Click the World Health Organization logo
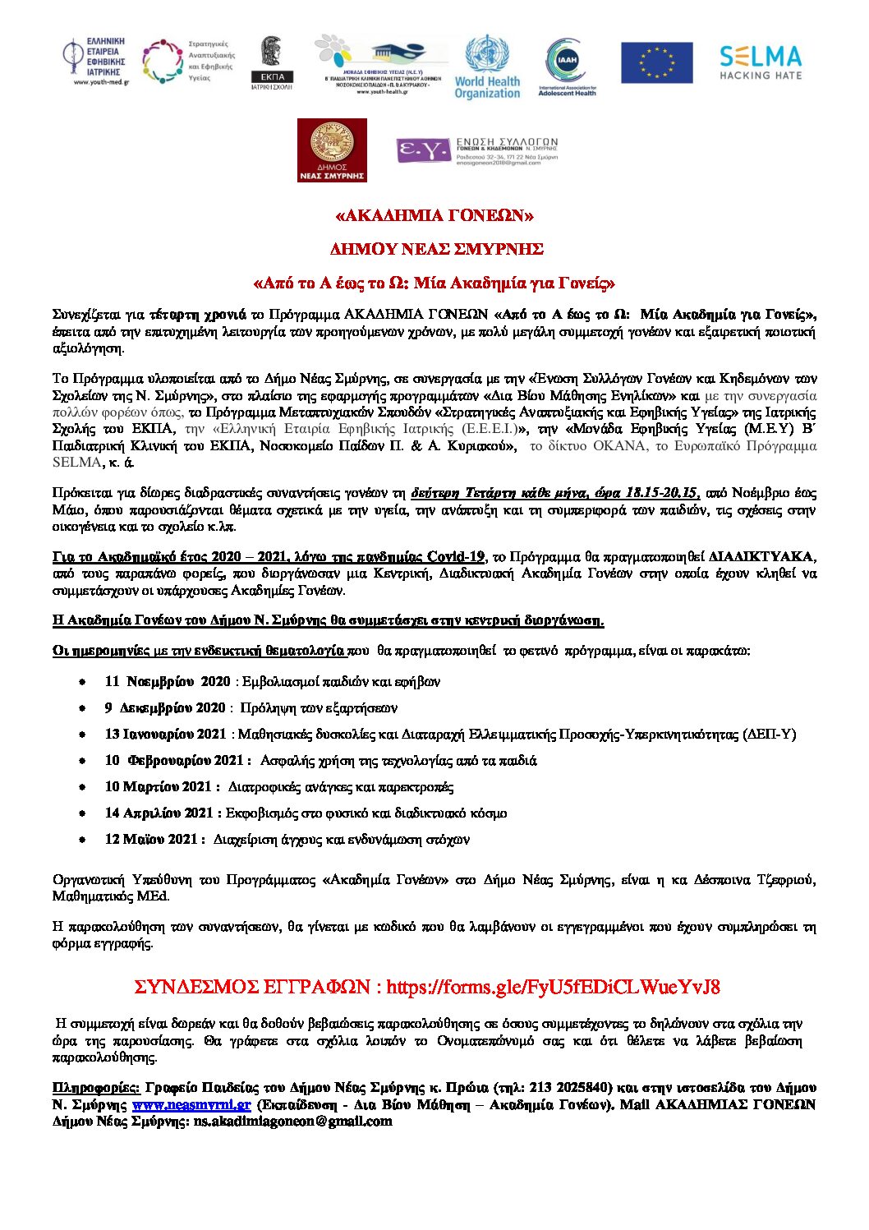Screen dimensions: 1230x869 click(x=487, y=67)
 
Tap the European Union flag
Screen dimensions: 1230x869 click(x=656, y=63)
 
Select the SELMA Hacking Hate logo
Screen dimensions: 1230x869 click(x=760, y=62)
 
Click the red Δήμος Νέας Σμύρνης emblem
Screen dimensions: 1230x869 click(x=332, y=150)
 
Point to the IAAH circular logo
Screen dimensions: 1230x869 click(x=567, y=65)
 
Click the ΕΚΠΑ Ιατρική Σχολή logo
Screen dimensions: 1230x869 click(x=271, y=63)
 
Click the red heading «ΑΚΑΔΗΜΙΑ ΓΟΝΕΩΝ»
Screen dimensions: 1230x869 click(x=434, y=216)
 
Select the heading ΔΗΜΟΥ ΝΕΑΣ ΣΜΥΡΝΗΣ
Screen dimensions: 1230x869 click(x=435, y=249)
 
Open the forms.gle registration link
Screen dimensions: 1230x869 click(x=553, y=987)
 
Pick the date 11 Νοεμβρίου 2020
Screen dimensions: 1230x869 click(x=168, y=681)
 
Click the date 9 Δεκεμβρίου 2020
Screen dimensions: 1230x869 click(x=164, y=707)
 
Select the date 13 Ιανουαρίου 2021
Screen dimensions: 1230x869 click(x=165, y=734)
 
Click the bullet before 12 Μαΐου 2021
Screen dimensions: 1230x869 click(x=83, y=840)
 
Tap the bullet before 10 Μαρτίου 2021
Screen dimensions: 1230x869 click(x=83, y=787)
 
